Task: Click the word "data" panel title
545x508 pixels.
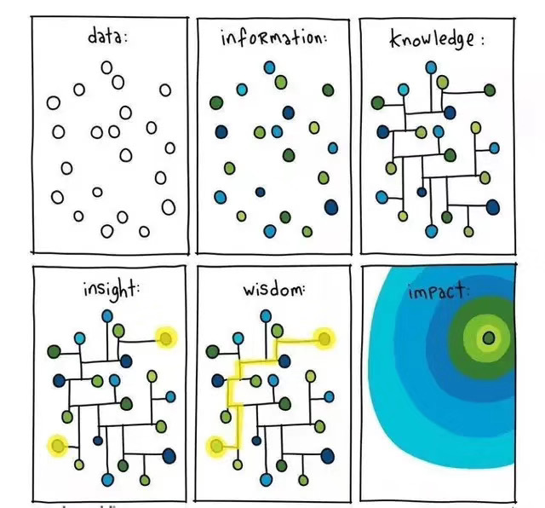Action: click(107, 37)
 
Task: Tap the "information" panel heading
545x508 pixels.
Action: click(273, 38)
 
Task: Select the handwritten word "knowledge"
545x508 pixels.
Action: click(432, 39)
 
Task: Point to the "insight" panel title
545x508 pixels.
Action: click(110, 290)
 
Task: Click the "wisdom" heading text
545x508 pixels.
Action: click(273, 289)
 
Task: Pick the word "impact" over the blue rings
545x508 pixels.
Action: click(437, 292)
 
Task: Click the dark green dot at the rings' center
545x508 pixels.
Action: click(489, 338)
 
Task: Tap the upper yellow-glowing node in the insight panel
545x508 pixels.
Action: click(166, 338)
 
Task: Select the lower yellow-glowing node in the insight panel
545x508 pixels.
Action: click(58, 446)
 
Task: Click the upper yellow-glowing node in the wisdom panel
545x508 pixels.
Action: click(324, 338)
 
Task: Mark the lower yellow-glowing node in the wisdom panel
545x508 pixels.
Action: click(216, 446)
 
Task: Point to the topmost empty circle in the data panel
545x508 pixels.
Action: click(106, 67)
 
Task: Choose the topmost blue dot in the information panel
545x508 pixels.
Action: click(269, 67)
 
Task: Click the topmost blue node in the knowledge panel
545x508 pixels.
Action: click(431, 67)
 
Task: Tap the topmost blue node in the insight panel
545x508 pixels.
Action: click(107, 316)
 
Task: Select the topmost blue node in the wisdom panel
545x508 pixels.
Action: click(266, 316)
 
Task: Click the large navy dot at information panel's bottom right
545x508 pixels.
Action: click(331, 207)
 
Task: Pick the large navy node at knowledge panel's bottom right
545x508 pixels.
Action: click(493, 207)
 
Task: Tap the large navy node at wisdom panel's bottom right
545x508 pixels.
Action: click(328, 456)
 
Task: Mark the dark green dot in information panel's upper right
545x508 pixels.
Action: click(328, 90)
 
